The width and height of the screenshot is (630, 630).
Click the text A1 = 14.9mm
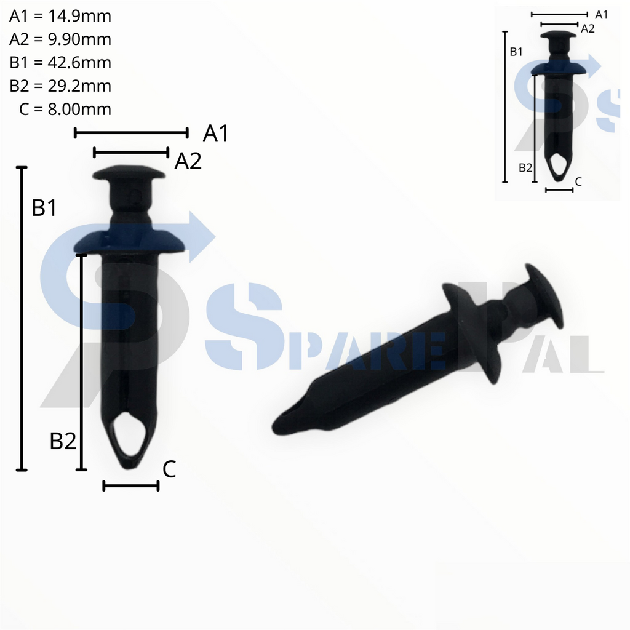click(x=60, y=16)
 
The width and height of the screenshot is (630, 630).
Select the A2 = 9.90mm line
click(x=60, y=39)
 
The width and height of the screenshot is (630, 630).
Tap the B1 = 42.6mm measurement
click(x=60, y=63)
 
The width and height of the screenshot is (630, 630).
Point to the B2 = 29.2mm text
click(x=60, y=86)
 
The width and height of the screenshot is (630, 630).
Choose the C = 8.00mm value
click(x=65, y=109)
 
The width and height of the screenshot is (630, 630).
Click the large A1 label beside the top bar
click(x=215, y=133)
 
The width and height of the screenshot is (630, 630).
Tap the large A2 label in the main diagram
click(x=188, y=161)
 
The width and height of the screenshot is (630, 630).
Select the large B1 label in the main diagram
click(x=44, y=208)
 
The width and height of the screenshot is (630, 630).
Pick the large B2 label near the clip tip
click(x=63, y=441)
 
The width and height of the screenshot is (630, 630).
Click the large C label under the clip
click(x=169, y=469)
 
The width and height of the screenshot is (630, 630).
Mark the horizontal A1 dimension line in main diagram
click(x=130, y=132)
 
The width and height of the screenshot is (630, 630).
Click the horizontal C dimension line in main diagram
click(x=131, y=486)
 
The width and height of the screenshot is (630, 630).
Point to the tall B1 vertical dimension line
click(x=22, y=319)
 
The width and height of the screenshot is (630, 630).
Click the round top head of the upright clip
click(x=130, y=172)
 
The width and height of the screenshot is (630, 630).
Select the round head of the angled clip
click(x=544, y=295)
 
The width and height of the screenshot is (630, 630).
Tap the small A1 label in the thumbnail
click(x=601, y=15)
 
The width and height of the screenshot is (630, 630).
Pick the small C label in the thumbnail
click(x=578, y=181)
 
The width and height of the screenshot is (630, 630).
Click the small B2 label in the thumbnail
click(x=525, y=167)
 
